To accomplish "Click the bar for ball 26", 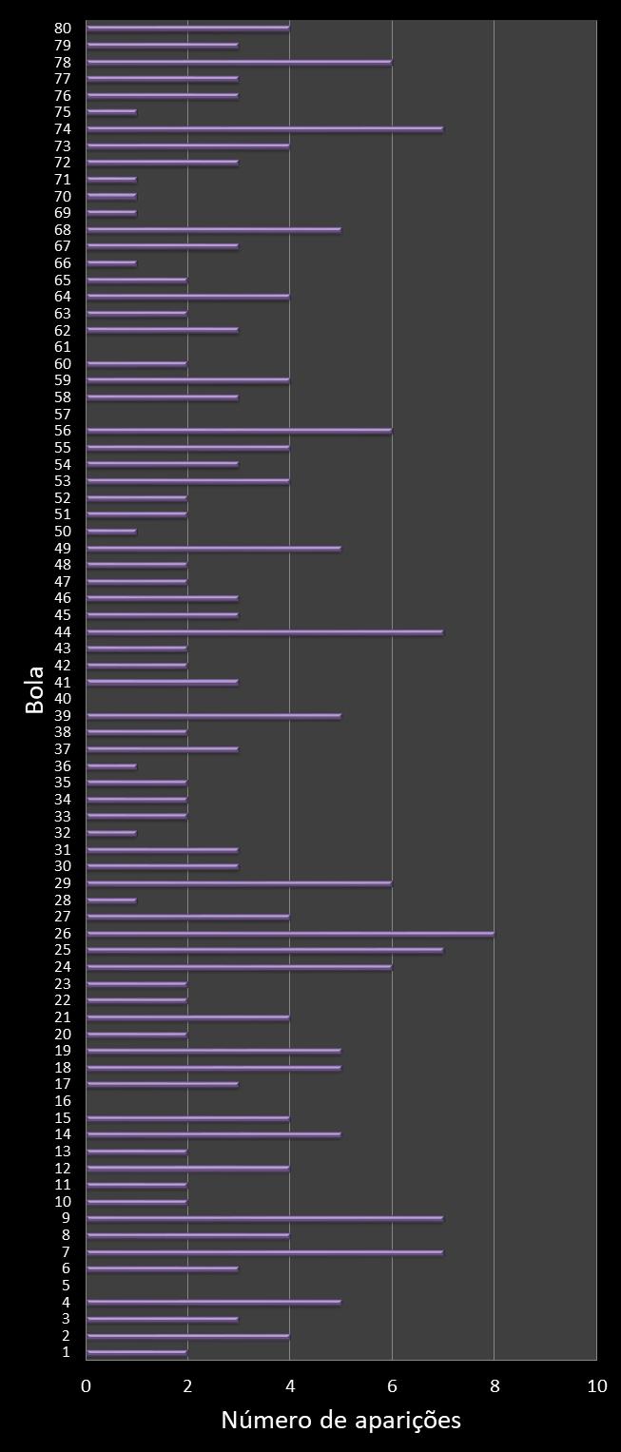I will click(x=290, y=934).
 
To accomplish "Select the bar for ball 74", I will click(x=264, y=128).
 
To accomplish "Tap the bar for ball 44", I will click(x=264, y=631).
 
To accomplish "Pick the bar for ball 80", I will click(x=187, y=28).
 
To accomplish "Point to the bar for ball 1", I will click(x=137, y=1351).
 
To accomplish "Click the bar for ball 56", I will click(x=239, y=431).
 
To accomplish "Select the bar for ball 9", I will click(x=264, y=1218).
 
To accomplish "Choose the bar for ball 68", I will click(x=213, y=229).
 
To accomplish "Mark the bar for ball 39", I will click(x=213, y=715).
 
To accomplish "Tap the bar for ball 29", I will click(x=239, y=883).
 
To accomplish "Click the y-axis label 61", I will click(x=63, y=347).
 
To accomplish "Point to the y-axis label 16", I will click(x=63, y=1100).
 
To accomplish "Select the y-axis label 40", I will click(x=63, y=699).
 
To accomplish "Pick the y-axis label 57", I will click(x=63, y=415).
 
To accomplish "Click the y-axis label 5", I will click(x=66, y=1285).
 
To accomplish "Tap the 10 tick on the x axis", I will click(x=596, y=1386).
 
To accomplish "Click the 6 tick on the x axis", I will click(x=392, y=1386).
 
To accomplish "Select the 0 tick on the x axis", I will click(x=87, y=1386).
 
